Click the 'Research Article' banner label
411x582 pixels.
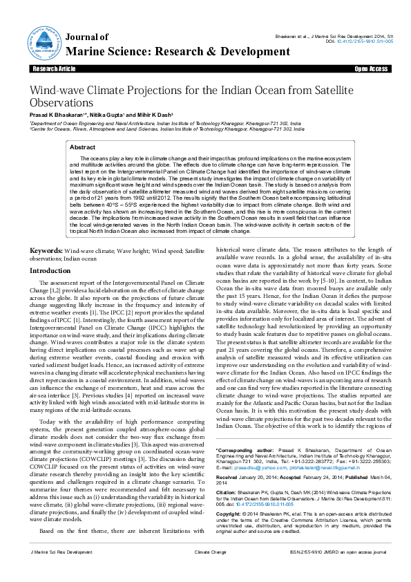(x=53, y=70)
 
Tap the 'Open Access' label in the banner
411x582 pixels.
(x=371, y=70)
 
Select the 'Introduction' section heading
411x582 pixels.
(x=49, y=271)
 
